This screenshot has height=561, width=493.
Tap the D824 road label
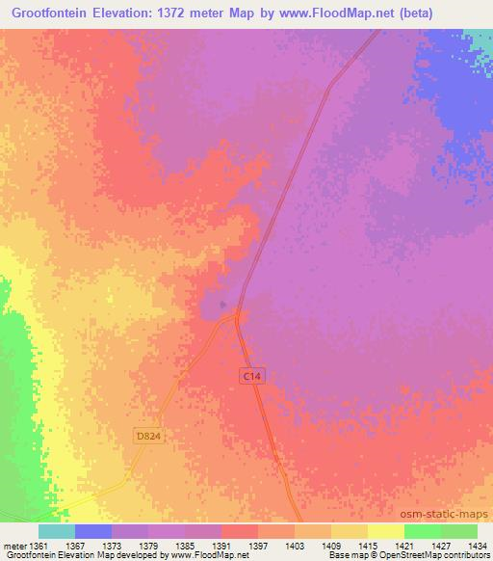click(x=145, y=437)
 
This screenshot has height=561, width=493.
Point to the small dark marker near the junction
click(x=224, y=306)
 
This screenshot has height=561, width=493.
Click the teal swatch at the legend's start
click(x=56, y=531)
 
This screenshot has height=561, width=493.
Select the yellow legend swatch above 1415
click(x=385, y=531)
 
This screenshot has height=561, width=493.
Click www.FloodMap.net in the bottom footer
click(x=199, y=556)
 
